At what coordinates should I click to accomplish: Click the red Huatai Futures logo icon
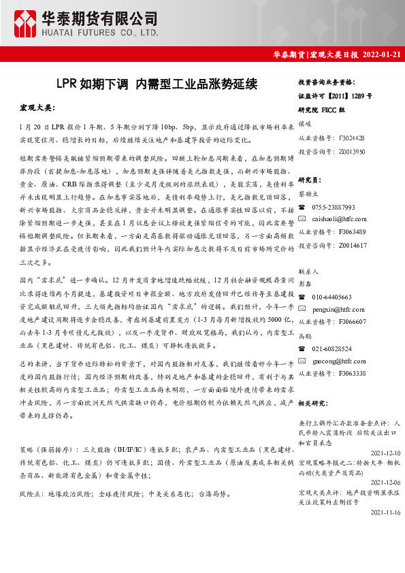pos(27,22)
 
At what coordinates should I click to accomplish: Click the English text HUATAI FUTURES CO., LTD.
pos(101,32)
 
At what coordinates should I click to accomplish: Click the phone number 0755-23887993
pos(334,207)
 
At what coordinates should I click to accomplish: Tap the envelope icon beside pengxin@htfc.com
pos(302,309)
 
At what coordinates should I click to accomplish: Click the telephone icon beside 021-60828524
pos(302,348)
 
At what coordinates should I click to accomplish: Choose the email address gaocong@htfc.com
pos(339,361)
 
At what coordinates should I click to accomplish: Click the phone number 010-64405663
pos(332,297)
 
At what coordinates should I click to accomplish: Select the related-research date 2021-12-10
pos(385,453)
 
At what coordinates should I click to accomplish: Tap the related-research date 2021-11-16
pos(385,512)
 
